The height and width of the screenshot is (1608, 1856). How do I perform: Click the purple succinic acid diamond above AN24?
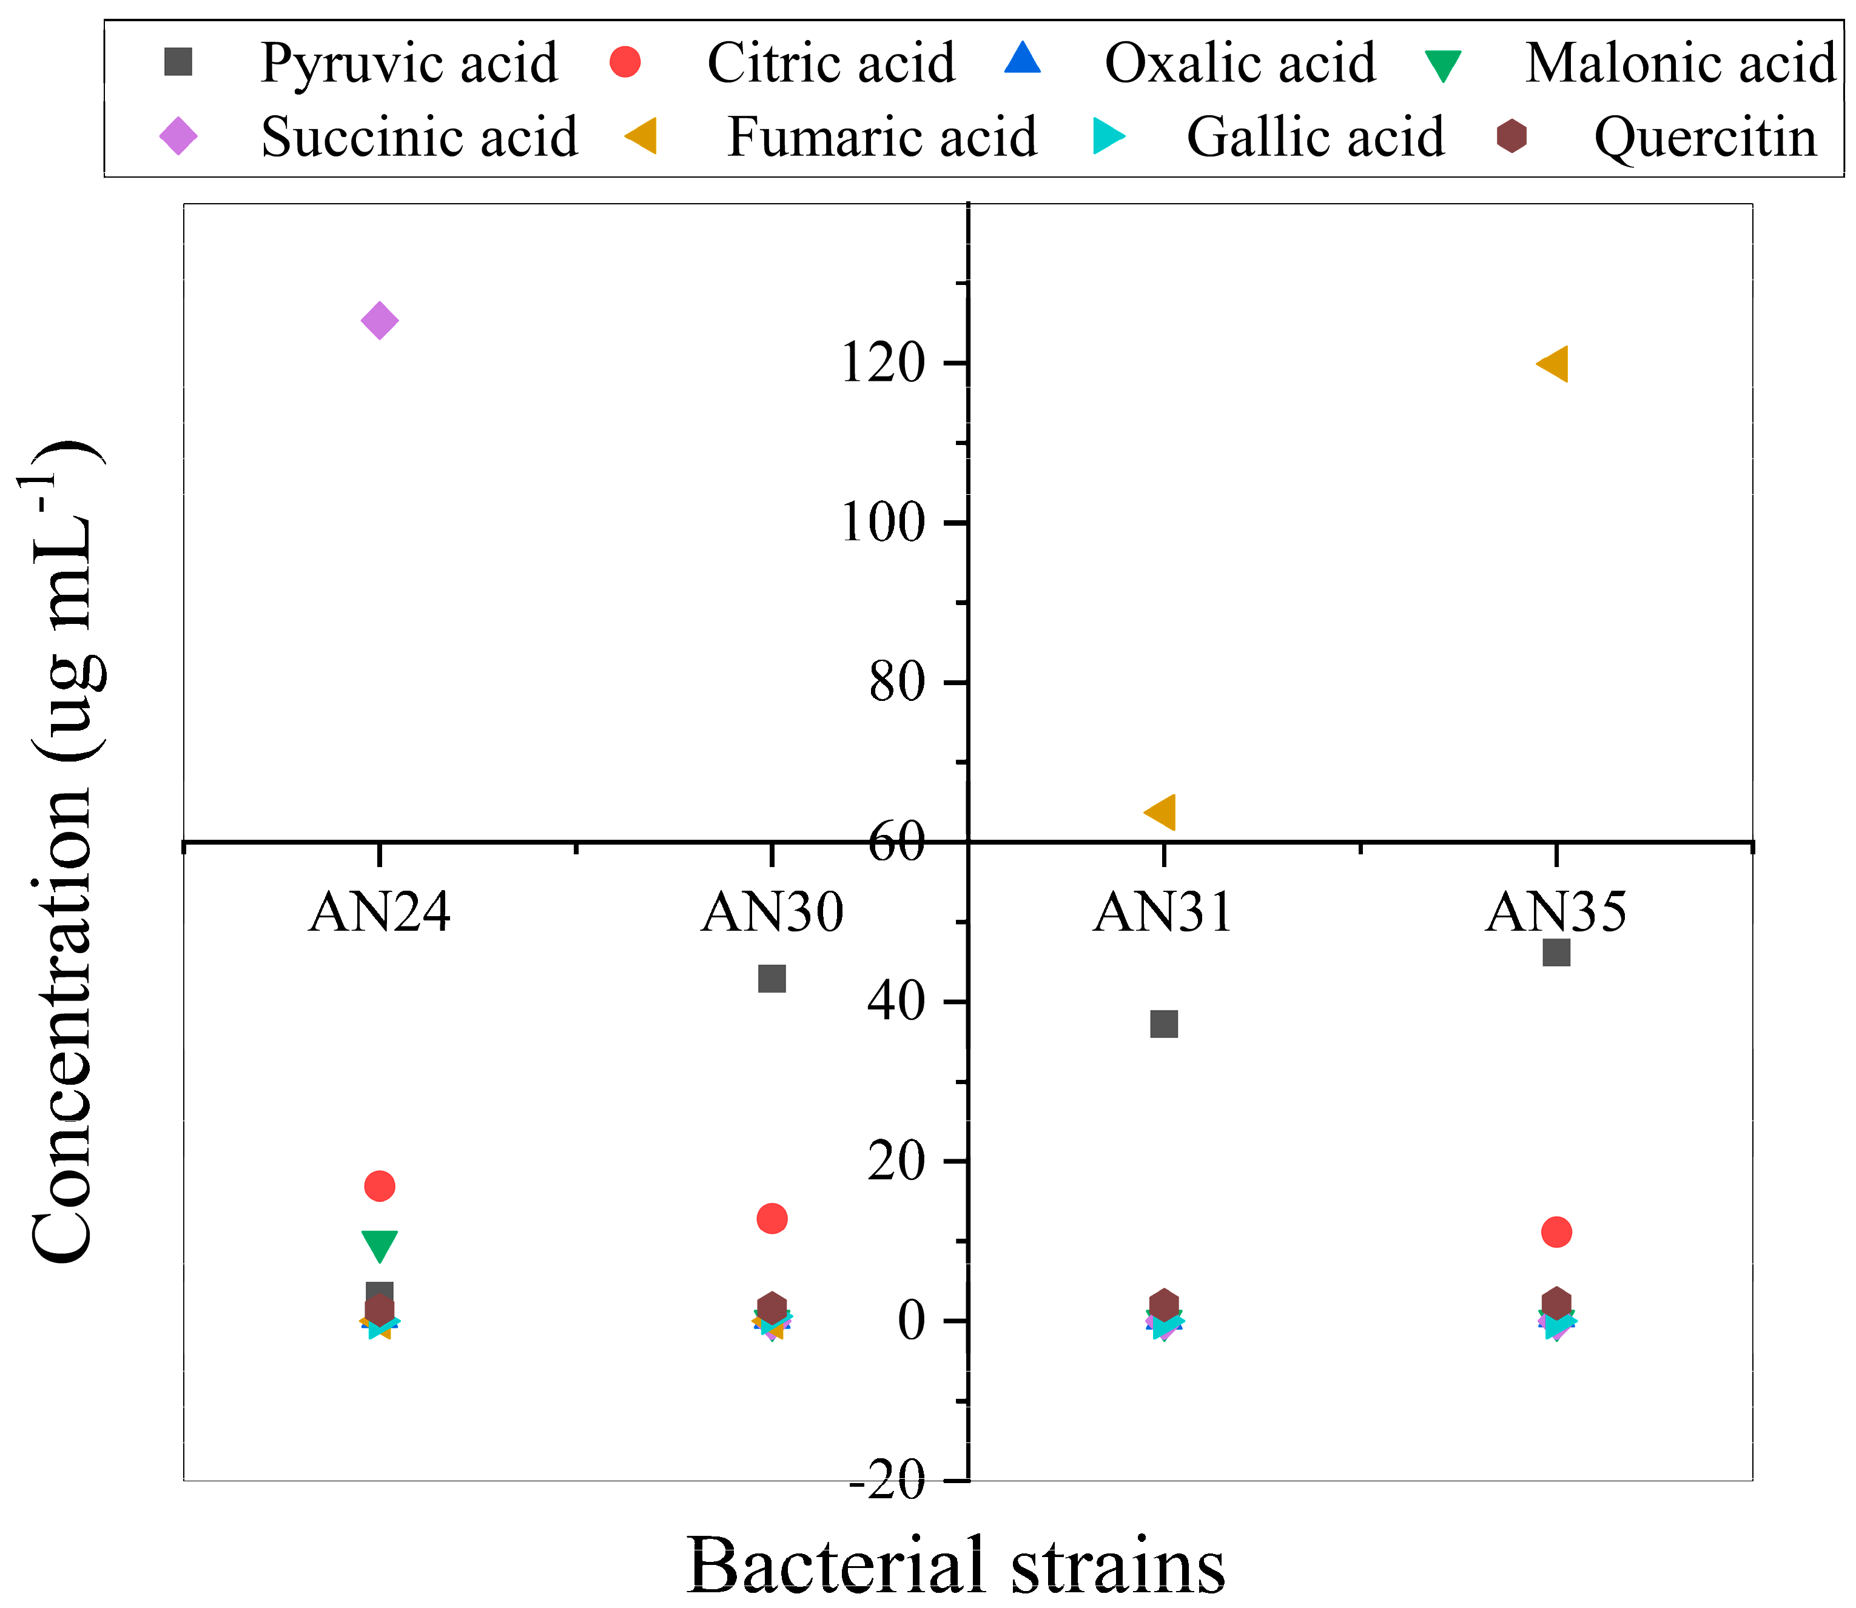coord(380,320)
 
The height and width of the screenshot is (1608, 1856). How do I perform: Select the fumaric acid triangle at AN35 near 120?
coord(1553,364)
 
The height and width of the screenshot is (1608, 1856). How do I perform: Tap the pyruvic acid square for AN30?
coord(772,978)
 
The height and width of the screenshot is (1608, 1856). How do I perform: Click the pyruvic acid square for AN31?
coord(1164,1024)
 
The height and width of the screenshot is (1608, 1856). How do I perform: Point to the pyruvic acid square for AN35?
coord(1556,952)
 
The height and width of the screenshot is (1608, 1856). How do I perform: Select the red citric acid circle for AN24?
coord(380,1186)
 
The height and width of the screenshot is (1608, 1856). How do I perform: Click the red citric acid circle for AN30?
coord(772,1219)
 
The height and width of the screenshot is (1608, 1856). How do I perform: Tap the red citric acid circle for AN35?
coord(1556,1232)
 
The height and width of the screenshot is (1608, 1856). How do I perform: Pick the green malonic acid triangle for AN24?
coord(380,1244)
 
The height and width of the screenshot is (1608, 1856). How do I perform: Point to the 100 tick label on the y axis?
coord(883,523)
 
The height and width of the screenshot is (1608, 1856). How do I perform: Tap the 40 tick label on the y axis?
coord(896,1002)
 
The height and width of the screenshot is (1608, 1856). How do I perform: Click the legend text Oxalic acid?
coord(1239,64)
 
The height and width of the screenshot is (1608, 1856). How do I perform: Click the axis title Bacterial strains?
coord(956,1566)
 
